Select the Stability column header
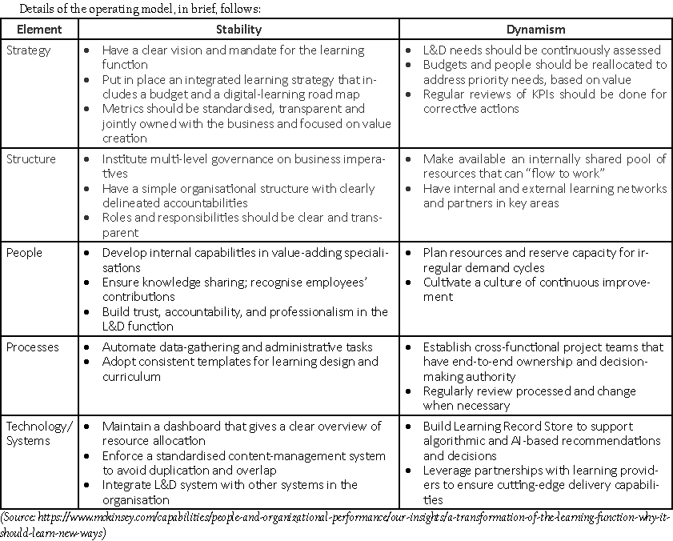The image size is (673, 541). [x=238, y=30]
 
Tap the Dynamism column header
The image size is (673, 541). [x=535, y=30]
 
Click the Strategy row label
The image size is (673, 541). [x=28, y=50]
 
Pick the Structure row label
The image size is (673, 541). [x=30, y=159]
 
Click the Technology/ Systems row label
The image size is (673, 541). [x=38, y=433]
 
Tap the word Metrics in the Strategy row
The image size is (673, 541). [x=122, y=109]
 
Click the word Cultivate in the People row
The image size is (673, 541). [x=448, y=283]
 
